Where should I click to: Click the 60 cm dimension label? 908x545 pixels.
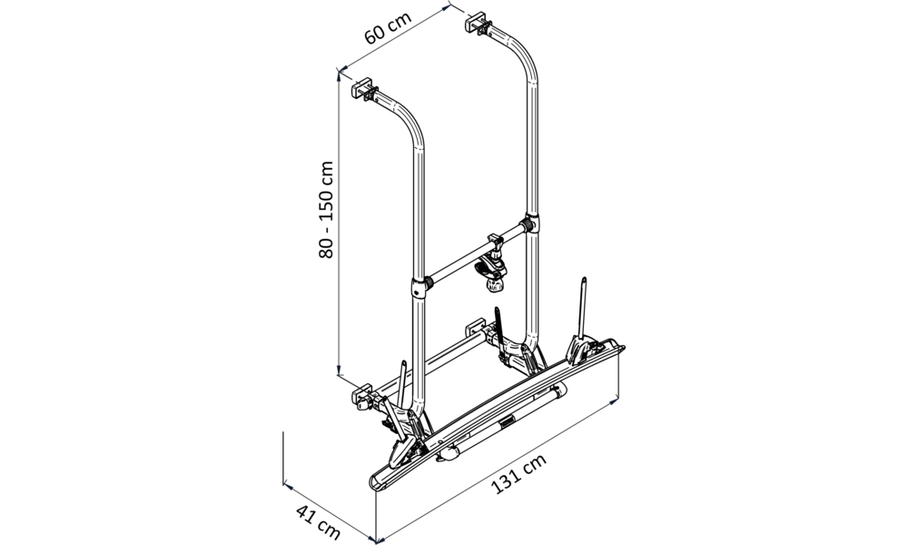(x=388, y=27)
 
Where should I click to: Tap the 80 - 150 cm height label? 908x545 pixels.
(x=326, y=209)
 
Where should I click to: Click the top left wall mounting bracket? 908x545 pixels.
(x=365, y=90)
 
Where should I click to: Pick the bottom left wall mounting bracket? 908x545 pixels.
(x=367, y=395)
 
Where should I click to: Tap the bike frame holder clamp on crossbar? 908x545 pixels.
(x=491, y=264)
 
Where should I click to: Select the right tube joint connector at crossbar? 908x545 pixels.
(x=532, y=223)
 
